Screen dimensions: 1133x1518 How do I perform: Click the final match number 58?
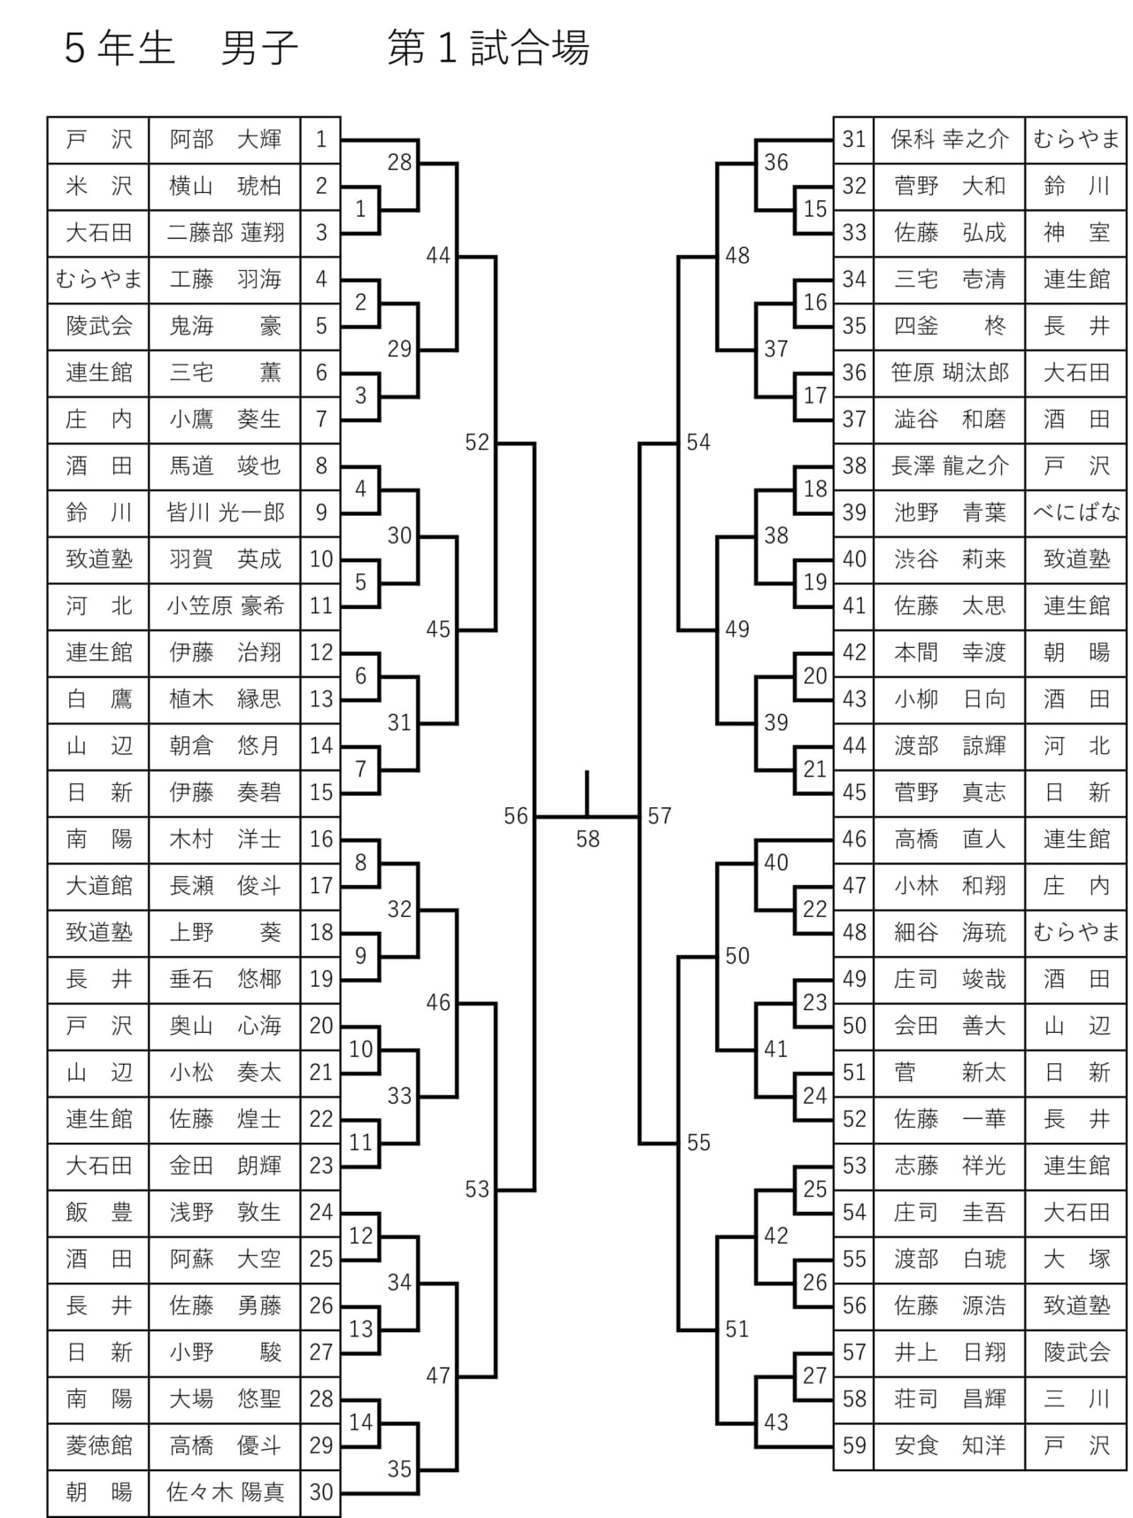point(588,838)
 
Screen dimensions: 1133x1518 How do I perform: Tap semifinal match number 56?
point(516,816)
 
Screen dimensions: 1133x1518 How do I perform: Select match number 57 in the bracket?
point(659,816)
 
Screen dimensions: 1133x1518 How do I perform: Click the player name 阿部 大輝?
point(226,140)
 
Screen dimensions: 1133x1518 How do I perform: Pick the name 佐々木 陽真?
point(226,1492)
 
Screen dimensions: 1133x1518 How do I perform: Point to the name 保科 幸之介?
point(950,140)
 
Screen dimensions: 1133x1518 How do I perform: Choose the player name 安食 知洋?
point(950,1445)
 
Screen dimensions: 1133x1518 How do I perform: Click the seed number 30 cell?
point(321,1492)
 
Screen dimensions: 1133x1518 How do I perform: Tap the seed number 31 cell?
point(854,140)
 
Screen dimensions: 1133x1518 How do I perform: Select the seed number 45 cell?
point(854,792)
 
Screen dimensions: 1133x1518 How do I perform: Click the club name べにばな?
point(1076,512)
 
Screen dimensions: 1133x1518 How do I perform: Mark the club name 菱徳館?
point(99,1445)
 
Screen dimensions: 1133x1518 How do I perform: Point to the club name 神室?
point(1076,233)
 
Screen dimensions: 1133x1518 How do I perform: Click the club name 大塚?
point(1076,1259)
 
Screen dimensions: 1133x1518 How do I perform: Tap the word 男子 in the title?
point(258,49)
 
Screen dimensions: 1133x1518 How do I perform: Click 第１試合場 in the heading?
point(488,49)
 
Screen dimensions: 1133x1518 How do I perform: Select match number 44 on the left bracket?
point(438,256)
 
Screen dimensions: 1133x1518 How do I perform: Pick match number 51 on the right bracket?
point(737,1329)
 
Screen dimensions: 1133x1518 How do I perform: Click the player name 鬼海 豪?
point(226,327)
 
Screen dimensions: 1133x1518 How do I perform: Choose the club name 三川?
point(1076,1399)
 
